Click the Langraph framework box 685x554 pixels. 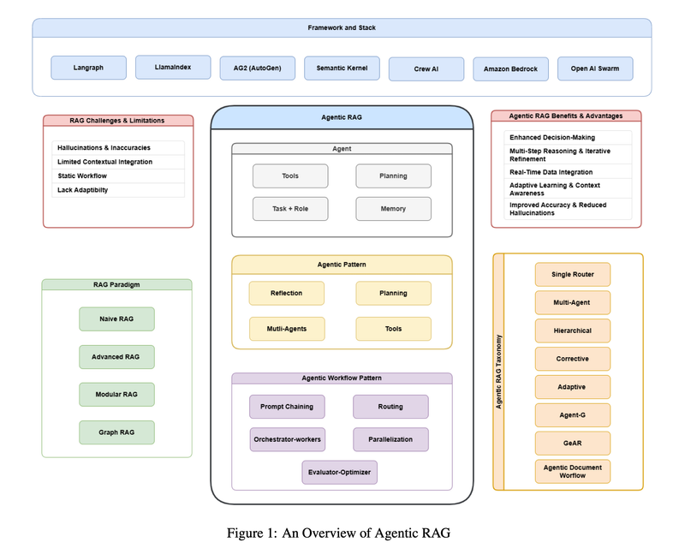pos(89,68)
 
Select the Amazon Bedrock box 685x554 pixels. pos(510,69)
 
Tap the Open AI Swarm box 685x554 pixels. pos(595,69)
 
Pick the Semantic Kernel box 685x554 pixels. pos(342,69)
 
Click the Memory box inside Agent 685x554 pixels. pos(393,209)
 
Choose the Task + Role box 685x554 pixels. pos(290,209)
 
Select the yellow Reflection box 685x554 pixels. pos(287,293)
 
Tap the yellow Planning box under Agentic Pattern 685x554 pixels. pos(393,293)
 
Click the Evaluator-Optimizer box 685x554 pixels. pos(339,473)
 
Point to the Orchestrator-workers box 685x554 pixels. pos(288,439)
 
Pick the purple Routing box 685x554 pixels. pos(390,407)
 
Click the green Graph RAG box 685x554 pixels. pos(116,432)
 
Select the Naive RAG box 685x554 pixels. pos(116,319)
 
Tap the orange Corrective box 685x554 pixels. pos(573,359)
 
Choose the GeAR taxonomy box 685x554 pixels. pos(573,443)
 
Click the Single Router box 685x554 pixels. pos(573,274)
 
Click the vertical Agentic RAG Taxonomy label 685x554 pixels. pos(499,372)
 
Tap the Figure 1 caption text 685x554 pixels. pos(338,533)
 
